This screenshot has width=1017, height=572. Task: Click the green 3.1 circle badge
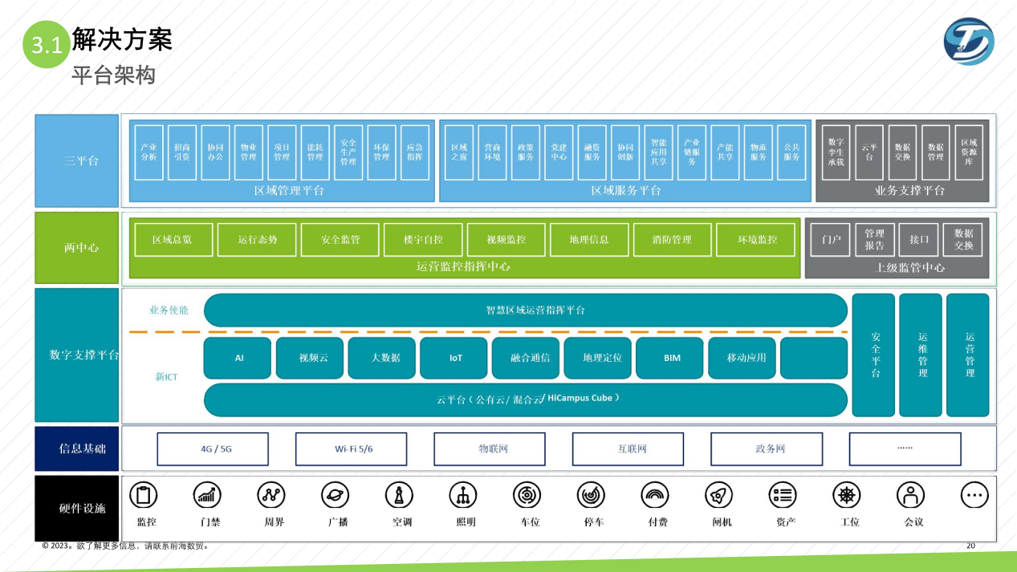click(47, 45)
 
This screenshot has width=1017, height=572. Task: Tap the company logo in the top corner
click(969, 42)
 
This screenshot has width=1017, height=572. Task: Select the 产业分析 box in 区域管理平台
click(148, 152)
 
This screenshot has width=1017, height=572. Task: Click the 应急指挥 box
click(414, 152)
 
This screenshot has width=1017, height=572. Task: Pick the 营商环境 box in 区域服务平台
click(492, 152)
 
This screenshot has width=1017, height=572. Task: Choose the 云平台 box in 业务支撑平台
click(869, 152)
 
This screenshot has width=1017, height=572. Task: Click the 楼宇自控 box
click(423, 240)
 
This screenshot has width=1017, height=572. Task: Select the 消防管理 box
click(672, 240)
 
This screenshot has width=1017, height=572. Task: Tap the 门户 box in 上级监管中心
click(830, 240)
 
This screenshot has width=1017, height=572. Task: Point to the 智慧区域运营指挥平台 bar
click(526, 310)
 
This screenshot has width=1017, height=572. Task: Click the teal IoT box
click(456, 358)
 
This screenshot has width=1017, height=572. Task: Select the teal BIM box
click(672, 358)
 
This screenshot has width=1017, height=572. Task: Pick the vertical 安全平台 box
click(873, 355)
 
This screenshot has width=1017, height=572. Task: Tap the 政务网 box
click(770, 449)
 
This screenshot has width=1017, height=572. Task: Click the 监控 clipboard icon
click(144, 496)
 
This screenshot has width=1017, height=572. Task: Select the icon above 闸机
click(718, 496)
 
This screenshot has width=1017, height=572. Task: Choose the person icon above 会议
click(910, 496)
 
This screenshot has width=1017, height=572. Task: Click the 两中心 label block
click(77, 249)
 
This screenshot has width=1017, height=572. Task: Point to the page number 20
click(970, 546)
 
